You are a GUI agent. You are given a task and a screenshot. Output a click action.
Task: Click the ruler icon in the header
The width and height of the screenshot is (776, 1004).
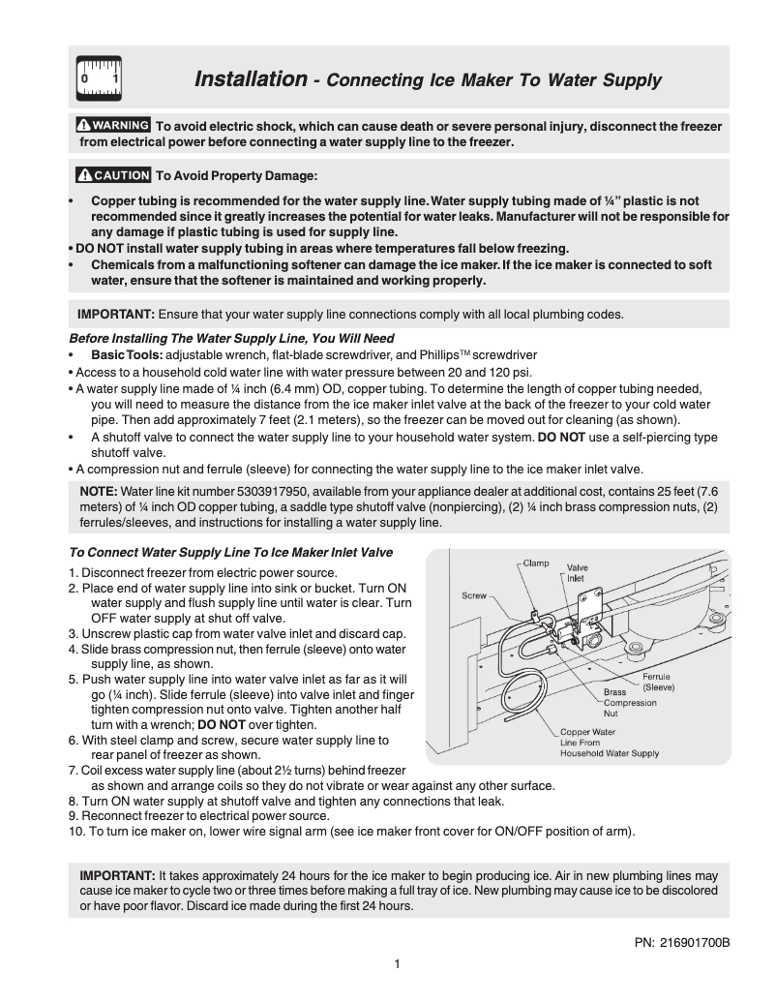(99, 78)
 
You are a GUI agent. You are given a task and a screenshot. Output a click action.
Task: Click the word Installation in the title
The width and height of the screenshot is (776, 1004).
(251, 78)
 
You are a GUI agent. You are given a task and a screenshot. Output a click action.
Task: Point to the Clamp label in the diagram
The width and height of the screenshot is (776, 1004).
(537, 563)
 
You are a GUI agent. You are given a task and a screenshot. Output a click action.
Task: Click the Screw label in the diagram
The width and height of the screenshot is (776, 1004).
(473, 596)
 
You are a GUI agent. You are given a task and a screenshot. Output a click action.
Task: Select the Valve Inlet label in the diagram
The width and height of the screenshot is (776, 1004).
(578, 572)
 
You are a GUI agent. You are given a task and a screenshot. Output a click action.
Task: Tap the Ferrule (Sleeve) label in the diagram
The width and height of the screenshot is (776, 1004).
(658, 682)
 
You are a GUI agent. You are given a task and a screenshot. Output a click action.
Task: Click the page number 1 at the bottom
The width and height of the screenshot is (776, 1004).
(397, 963)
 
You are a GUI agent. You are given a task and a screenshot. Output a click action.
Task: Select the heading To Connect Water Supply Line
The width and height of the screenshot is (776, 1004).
(231, 553)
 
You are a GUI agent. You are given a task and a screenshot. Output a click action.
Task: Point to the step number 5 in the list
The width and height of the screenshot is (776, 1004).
(74, 680)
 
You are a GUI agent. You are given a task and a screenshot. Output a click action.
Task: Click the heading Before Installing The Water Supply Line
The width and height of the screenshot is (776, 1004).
(231, 339)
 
